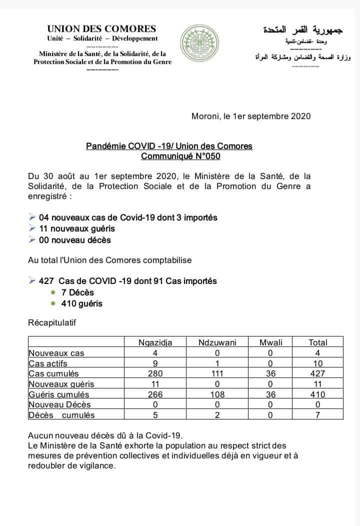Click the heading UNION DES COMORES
pyautogui.click(x=101, y=29)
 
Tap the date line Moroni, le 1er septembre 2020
pyautogui.click(x=251, y=116)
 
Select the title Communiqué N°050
pyautogui.click(x=180, y=155)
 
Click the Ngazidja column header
pyautogui.click(x=155, y=342)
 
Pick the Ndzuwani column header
pyautogui.click(x=217, y=342)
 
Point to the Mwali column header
pyautogui.click(x=271, y=342)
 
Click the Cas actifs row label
pyautogui.click(x=48, y=363)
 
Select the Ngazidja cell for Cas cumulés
pyautogui.click(x=155, y=373)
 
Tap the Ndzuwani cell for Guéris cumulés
pyautogui.click(x=217, y=394)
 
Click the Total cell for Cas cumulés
pyautogui.click(x=317, y=373)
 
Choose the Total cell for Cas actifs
pyautogui.click(x=317, y=363)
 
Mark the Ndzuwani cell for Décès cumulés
pyautogui.click(x=217, y=415)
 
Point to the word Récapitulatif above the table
pyautogui.click(x=52, y=322)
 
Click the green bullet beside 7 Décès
pyautogui.click(x=53, y=292)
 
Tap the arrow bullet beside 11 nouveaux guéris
pyautogui.click(x=32, y=228)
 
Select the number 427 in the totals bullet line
pyautogui.click(x=46, y=281)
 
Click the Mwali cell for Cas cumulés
pyautogui.click(x=271, y=373)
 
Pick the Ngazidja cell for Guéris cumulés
pyautogui.click(x=155, y=394)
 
